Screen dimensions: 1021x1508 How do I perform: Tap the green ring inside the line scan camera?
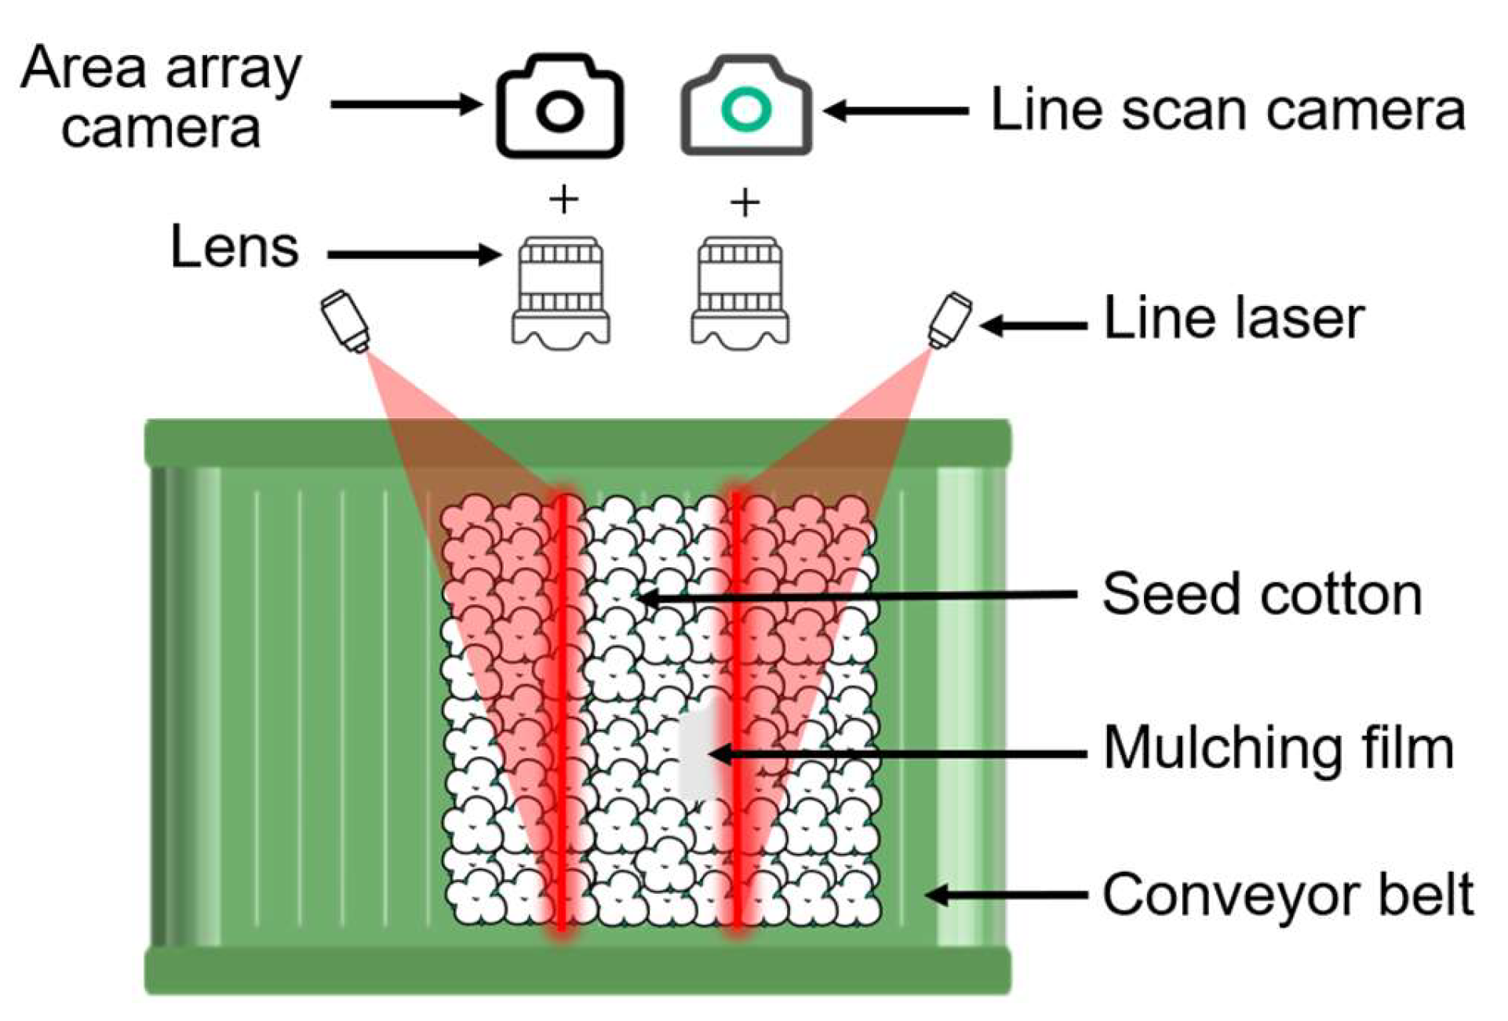[x=745, y=110]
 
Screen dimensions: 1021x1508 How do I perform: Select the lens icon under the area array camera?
[x=561, y=292]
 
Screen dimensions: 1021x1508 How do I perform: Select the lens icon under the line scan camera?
[x=740, y=292]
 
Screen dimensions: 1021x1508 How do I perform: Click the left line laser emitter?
[x=346, y=320]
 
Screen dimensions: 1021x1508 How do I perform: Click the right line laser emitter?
[x=950, y=319]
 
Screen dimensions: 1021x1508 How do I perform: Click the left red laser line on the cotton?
[x=562, y=706]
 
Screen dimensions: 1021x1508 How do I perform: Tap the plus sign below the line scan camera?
[x=745, y=203]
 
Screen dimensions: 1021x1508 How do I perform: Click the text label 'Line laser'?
[x=1233, y=319]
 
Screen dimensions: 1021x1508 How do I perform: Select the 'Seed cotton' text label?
[x=1262, y=594]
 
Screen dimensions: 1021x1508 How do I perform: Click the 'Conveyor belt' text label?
[x=1288, y=894]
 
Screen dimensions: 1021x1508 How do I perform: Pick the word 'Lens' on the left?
[x=235, y=247]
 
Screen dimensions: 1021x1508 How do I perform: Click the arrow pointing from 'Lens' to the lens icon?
[x=413, y=254]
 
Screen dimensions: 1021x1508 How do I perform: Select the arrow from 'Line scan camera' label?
[x=896, y=111]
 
